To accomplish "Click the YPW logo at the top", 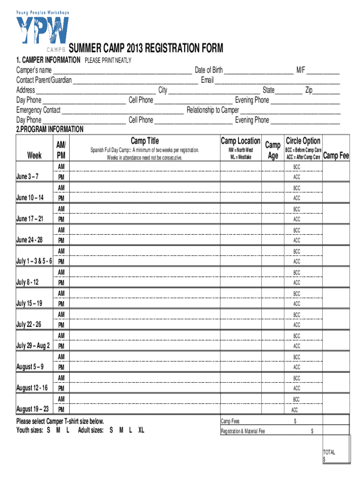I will point(43,31).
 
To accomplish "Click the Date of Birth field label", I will point(209,70).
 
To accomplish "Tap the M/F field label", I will point(300,70).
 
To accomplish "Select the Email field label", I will point(207,80).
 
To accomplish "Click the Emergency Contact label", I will point(38,110).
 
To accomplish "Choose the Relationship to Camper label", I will point(213,110).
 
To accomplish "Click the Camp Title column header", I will point(144,141).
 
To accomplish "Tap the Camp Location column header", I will point(240,141).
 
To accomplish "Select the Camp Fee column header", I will point(337,156).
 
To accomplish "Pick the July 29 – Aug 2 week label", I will point(33,346).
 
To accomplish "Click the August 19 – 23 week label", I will point(32,409).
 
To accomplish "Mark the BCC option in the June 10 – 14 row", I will point(297,188).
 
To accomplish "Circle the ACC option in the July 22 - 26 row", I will point(297,325).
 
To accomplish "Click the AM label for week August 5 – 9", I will point(61,356).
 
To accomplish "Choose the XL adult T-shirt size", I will point(141,430).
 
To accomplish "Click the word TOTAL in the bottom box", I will point(329,452).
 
